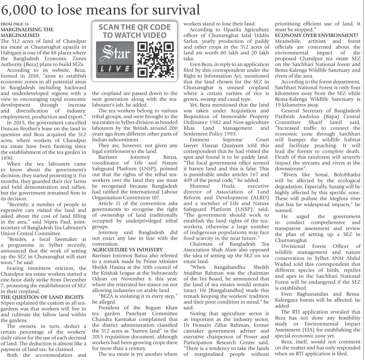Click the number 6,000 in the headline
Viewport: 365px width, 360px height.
(x=19, y=10)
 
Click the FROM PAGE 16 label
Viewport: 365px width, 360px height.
(x=15, y=24)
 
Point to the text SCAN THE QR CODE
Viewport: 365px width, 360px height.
(x=134, y=28)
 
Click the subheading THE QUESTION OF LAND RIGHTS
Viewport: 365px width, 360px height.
(x=42, y=297)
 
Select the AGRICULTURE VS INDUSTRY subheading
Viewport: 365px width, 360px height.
(x=127, y=250)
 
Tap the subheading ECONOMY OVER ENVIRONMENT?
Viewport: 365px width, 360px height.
(x=317, y=35)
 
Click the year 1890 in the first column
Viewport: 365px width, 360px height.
(x=7, y=158)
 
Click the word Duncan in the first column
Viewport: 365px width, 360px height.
(x=10, y=129)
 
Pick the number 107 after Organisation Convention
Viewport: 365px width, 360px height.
(x=155, y=198)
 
